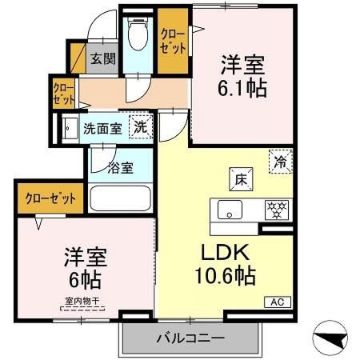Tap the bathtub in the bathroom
pos(122,198)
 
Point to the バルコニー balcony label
pos(190,339)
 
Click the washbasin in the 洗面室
pos(69,126)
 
